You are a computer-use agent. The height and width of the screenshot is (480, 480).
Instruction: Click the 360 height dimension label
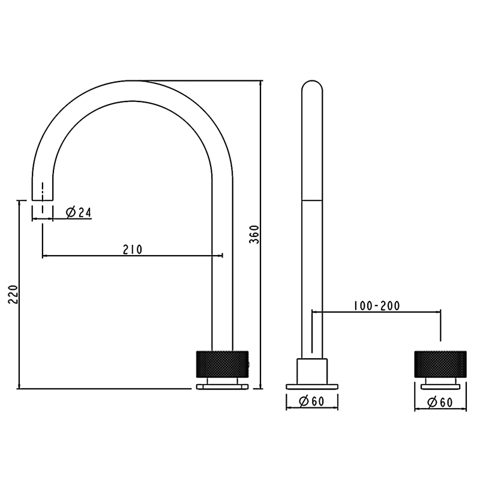pyautogui.click(x=254, y=234)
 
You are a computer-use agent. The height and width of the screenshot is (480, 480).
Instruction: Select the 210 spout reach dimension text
pyautogui.click(x=132, y=249)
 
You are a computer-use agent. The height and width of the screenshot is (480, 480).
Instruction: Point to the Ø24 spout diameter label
pyautogui.click(x=79, y=212)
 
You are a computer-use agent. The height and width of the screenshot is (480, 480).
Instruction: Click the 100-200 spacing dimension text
pyautogui.click(x=376, y=305)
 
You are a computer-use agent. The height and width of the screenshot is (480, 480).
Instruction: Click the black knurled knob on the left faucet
pyautogui.click(x=222, y=362)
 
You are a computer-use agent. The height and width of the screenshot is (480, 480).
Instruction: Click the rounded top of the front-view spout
pyautogui.click(x=312, y=87)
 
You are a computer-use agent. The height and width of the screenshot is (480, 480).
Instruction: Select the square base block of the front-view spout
pyautogui.click(x=312, y=370)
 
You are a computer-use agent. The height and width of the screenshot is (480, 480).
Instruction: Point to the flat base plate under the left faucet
pyautogui.click(x=222, y=387)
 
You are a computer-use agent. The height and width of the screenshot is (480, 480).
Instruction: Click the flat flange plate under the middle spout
pyautogui.click(x=312, y=386)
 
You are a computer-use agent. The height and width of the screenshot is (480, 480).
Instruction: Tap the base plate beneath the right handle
pyautogui.click(x=440, y=386)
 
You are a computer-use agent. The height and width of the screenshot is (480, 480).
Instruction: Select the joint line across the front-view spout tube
pyautogui.click(x=312, y=200)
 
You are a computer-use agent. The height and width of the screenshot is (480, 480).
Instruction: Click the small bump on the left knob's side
pyautogui.click(x=250, y=362)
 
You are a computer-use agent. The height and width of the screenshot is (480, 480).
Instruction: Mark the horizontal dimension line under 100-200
pyautogui.click(x=376, y=312)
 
